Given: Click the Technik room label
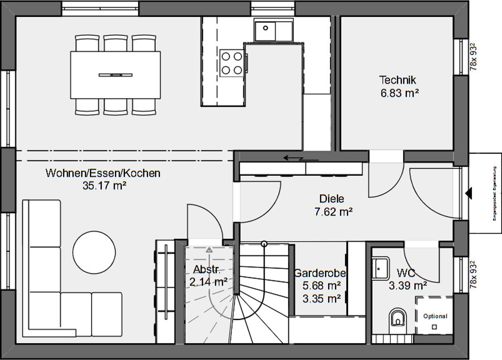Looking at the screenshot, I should point(398,80).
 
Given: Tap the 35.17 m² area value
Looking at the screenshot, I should point(104,185).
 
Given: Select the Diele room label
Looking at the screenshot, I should point(332,199).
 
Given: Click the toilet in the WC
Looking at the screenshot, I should point(398,317).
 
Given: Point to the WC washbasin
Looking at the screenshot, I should point(380,267).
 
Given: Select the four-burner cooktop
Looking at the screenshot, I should point(231,63).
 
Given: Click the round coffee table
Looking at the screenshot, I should point(94,252).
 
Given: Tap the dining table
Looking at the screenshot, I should point(115,74).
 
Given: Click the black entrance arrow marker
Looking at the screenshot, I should point(468,193).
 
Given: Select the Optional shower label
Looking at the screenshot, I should point(435,316).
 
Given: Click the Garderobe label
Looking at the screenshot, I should point(320,273).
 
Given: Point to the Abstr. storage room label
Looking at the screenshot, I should point(207,269).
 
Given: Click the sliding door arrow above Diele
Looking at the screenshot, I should point(295,158).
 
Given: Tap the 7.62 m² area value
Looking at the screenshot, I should point(334,212).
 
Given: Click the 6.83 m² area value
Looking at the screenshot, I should point(399,93).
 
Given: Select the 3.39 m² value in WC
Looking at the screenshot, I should point(408,286).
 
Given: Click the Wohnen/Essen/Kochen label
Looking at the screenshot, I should point(103,173).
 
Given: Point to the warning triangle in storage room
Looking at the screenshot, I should point(209,250).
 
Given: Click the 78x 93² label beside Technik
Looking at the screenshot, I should point(473,57).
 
